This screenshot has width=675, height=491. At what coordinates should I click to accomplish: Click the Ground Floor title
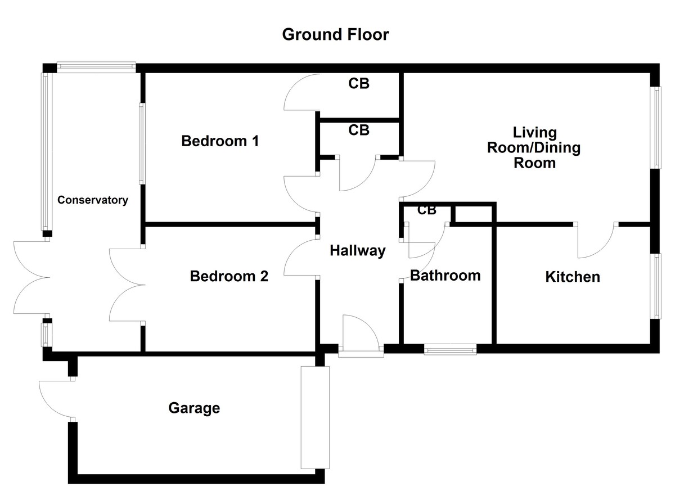click(x=335, y=35)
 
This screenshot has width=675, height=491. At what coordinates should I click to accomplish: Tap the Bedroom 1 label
click(x=220, y=141)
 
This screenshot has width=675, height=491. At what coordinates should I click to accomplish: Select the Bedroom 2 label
click(x=229, y=277)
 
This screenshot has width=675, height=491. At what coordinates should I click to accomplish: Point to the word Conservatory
click(x=93, y=200)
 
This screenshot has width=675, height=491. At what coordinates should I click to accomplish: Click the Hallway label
click(x=358, y=251)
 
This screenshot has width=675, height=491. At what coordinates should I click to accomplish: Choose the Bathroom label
click(x=445, y=276)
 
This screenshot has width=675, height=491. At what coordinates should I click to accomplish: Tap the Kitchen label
click(x=573, y=277)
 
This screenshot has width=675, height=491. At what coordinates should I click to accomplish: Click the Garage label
click(x=194, y=408)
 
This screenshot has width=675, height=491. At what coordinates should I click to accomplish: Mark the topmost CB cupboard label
click(x=359, y=84)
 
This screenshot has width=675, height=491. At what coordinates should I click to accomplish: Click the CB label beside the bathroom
click(x=427, y=210)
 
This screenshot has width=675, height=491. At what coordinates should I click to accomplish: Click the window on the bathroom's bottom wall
click(x=450, y=350)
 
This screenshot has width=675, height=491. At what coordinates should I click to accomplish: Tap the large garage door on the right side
click(x=313, y=417)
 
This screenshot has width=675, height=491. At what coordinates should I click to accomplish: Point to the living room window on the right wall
click(x=655, y=127)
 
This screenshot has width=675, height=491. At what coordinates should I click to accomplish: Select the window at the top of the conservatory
click(x=96, y=67)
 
